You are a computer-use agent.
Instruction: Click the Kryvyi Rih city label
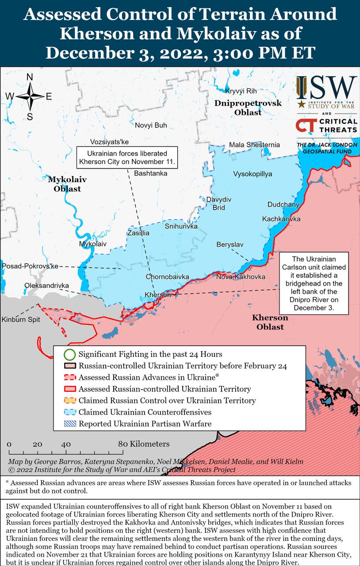pyautogui.click(x=241, y=91)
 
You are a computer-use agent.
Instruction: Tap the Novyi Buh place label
pyautogui.click(x=151, y=125)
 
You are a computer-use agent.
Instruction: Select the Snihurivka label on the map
pyautogui.click(x=181, y=226)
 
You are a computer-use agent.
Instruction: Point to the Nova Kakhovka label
pyautogui.click(x=241, y=277)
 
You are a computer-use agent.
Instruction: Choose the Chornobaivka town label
pyautogui.click(x=167, y=277)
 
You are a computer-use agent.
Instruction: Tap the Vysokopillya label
pyautogui.click(x=253, y=174)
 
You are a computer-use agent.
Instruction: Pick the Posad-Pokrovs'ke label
pyautogui.click(x=30, y=266)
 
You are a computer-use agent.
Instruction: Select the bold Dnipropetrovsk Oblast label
pyautogui.click(x=248, y=107)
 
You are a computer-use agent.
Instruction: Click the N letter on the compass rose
pyautogui.click(x=30, y=77)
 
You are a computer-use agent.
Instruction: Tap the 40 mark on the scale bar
pyautogui.click(x=66, y=444)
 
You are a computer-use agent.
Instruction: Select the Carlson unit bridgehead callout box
pyautogui.click(x=314, y=283)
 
